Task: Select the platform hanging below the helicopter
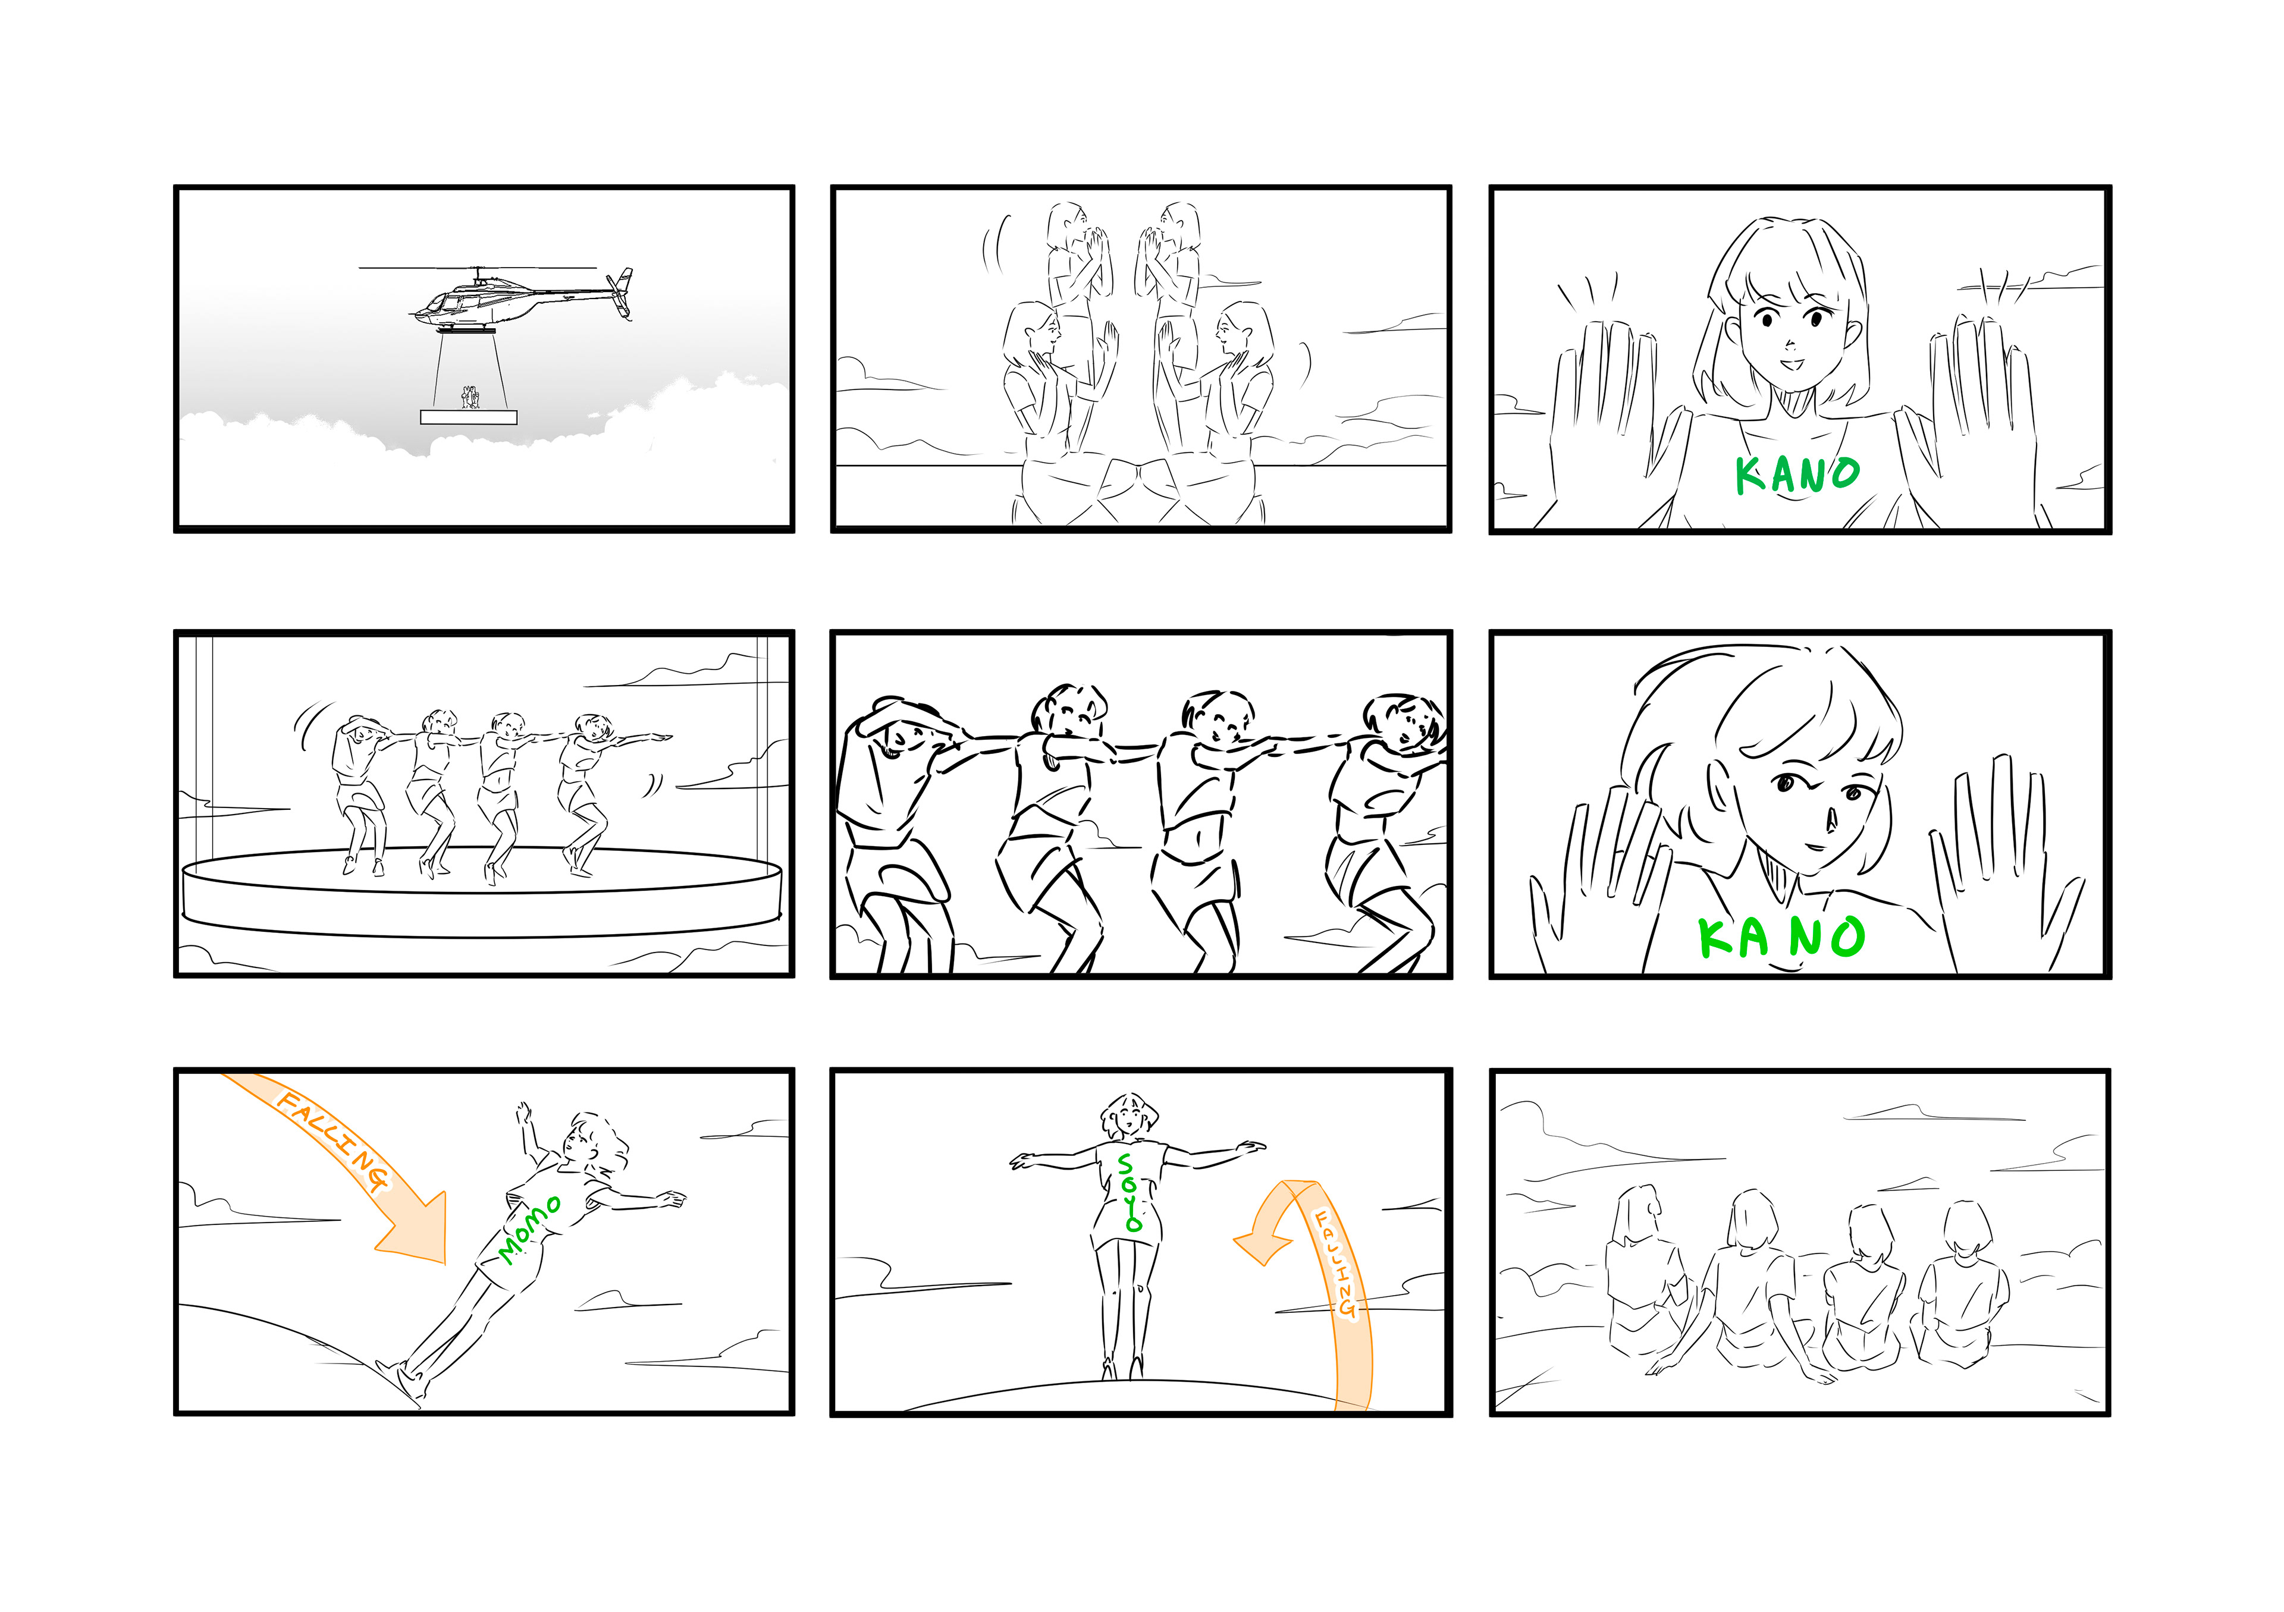(x=469, y=417)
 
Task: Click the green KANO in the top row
(x=1796, y=475)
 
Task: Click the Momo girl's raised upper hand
(x=523, y=1113)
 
